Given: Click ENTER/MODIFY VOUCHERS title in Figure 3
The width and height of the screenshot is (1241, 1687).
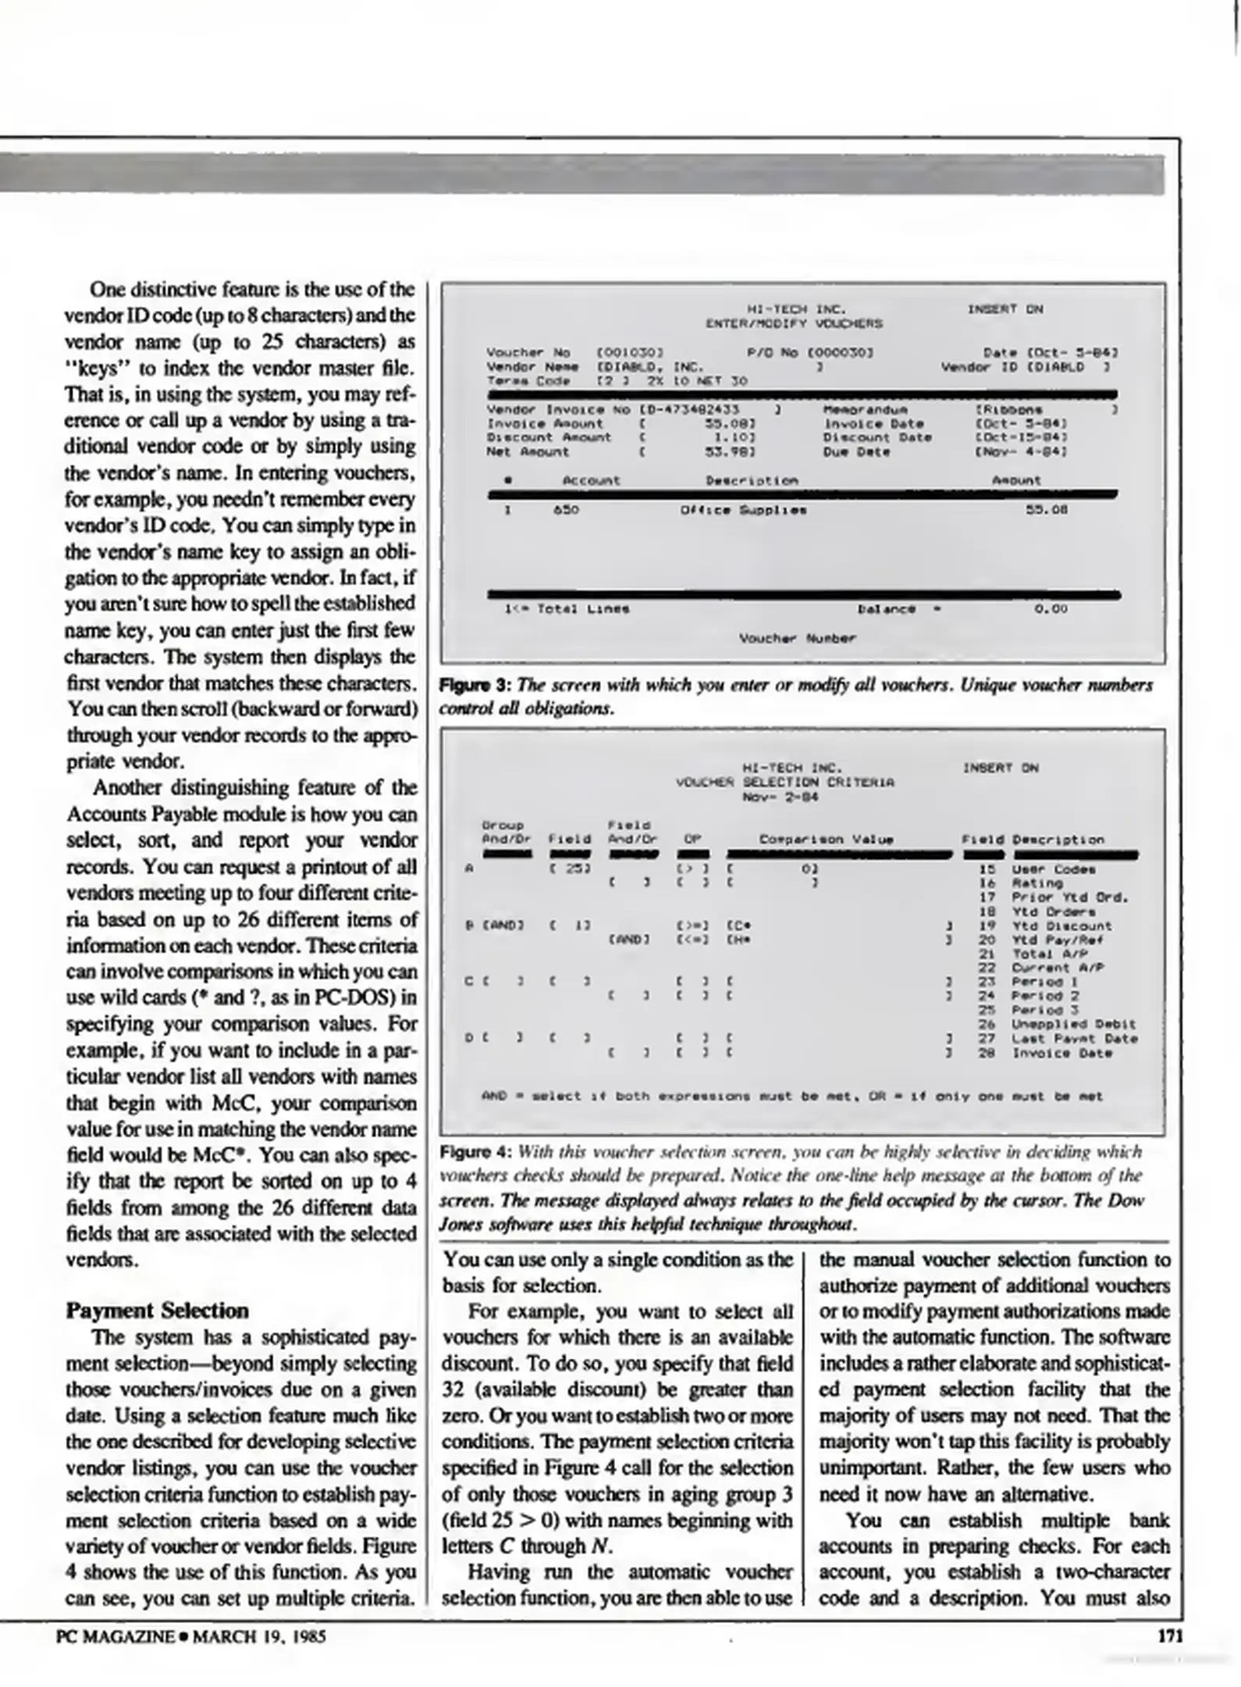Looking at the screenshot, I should click(x=794, y=323).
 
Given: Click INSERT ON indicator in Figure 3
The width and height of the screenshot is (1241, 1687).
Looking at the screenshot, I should click(x=1005, y=309).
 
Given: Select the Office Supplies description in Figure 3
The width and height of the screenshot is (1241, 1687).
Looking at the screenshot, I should click(x=743, y=510).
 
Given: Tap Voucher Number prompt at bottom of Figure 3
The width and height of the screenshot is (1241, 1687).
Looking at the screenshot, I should click(x=797, y=638).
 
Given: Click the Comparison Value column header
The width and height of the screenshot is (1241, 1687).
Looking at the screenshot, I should click(x=826, y=840).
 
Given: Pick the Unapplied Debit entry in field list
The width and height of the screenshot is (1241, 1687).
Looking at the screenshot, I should click(x=1073, y=1024).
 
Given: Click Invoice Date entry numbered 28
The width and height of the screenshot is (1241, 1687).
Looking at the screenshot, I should click(x=1061, y=1053).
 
